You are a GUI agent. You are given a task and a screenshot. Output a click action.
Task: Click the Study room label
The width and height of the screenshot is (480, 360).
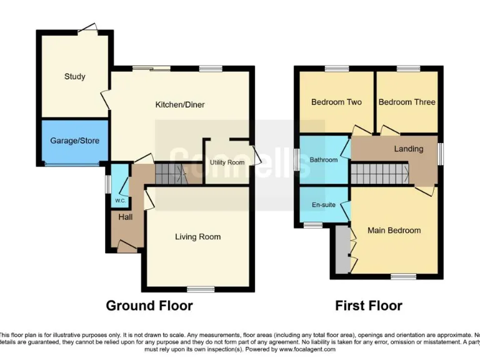(74, 77)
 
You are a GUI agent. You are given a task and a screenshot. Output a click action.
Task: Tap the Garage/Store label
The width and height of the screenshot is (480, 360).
(74, 141)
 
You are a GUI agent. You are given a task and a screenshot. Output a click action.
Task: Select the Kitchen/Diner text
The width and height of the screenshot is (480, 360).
(180, 105)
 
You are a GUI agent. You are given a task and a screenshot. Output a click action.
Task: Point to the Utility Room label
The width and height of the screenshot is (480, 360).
(227, 162)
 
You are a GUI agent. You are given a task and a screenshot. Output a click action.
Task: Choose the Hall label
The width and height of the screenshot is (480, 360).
(126, 217)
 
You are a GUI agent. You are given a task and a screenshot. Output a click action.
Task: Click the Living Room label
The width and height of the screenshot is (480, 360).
(197, 237)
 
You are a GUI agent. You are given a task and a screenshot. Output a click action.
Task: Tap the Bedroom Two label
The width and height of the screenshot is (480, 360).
(336, 102)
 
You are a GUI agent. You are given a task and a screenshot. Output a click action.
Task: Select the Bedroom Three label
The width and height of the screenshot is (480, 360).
(407, 102)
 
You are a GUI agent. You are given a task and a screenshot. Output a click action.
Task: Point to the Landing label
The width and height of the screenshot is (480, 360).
(408, 149)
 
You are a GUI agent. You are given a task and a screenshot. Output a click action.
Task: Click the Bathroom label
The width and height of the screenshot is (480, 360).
(324, 160)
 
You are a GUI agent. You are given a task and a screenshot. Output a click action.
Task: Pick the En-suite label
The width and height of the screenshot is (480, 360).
(324, 204)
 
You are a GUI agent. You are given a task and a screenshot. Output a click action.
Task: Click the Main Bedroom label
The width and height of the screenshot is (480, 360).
(394, 231)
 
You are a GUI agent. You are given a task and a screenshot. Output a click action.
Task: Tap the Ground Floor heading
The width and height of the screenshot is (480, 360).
(149, 306)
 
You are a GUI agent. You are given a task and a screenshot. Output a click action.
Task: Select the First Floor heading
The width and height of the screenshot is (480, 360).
(368, 306)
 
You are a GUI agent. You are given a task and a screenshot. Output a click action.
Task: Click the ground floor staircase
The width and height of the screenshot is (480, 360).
(170, 174)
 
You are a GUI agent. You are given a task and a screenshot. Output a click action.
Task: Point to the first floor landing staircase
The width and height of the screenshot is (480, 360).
(378, 173)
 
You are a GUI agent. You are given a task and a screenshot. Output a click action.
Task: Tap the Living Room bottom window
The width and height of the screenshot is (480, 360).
(199, 289)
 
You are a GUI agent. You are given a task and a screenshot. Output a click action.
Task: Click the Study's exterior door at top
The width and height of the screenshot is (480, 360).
(87, 27)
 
